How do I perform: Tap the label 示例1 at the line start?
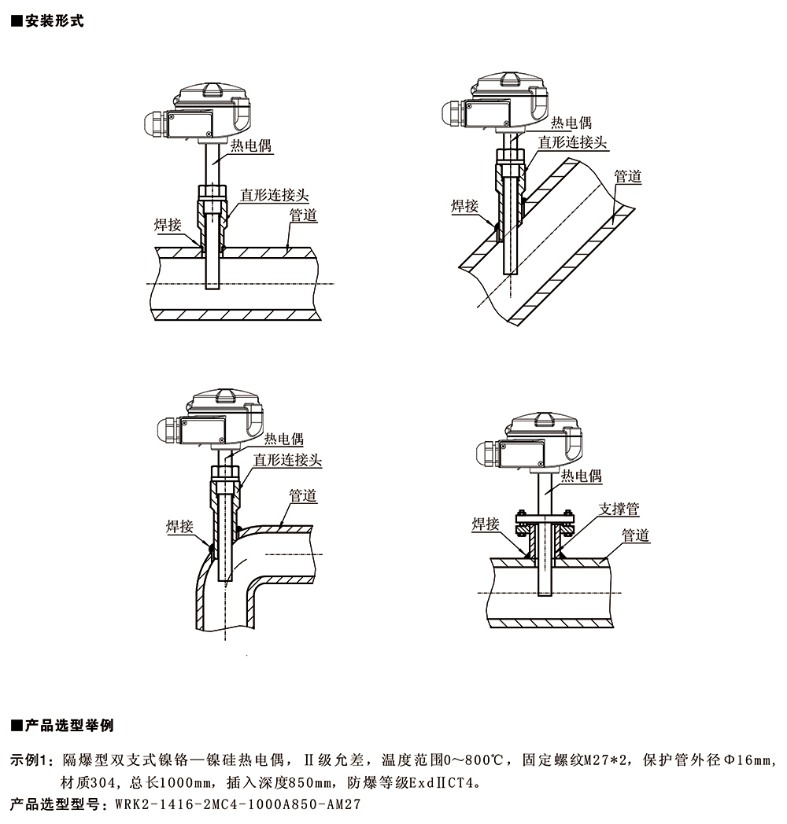coord(32,760)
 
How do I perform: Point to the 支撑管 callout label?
coord(619,509)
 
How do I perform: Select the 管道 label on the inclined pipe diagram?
coord(627,176)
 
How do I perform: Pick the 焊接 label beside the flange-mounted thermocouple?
coord(486,524)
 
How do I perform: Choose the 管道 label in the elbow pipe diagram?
coord(302,495)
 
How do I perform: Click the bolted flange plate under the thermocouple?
coord(544,519)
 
